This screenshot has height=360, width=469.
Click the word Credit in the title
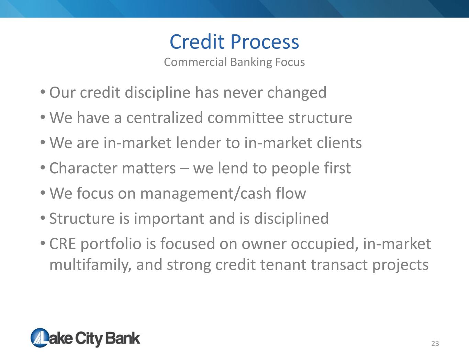(x=197, y=42)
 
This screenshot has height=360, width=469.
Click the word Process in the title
(x=265, y=42)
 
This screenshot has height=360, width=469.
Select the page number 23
(x=435, y=343)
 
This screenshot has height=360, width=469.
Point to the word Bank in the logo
(x=123, y=338)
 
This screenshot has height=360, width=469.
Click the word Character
(x=83, y=168)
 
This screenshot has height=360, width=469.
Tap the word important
(x=169, y=219)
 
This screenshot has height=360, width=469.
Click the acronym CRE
(x=63, y=244)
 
